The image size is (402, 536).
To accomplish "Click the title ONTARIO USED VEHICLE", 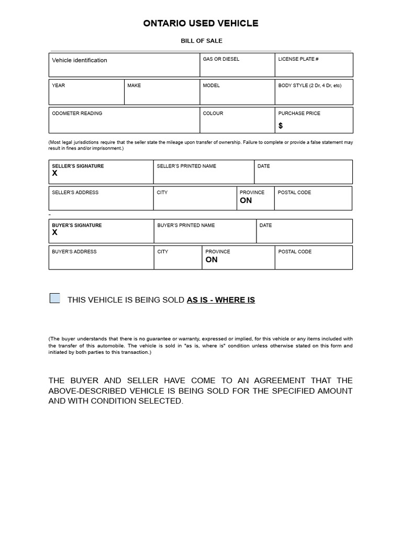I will coord(201,24).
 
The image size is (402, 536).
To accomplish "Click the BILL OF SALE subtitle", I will coord(202,41).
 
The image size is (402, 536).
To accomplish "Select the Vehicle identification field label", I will coord(80,60).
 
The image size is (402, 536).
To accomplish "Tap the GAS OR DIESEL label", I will coord(221,59).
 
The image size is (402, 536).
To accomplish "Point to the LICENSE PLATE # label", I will coord(298,59).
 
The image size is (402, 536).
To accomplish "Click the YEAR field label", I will coord(59,85).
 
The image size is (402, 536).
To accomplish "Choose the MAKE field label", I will coord(134,85).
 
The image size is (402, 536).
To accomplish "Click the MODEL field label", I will coord(211,85).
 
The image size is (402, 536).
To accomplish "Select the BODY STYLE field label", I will coord(309,85).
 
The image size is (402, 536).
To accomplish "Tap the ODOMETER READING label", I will coord(77,113).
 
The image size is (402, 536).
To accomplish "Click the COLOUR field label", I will coord(213,113).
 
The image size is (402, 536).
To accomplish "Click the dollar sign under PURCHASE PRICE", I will coord(281,126).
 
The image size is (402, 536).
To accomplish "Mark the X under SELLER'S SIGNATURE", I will coord(55,173).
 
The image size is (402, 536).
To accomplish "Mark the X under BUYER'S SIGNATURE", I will coord(55,232).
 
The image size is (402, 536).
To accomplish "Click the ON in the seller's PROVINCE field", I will coord(246,200).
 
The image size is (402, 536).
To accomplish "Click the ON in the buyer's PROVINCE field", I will coord(211,260).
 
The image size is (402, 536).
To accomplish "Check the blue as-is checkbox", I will coord(55,298).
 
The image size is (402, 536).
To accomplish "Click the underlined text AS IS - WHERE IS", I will coord(221,300).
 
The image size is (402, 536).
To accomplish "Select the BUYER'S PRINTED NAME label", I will coord(186,225).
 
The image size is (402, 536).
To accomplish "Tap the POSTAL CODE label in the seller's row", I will coord(294,192).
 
